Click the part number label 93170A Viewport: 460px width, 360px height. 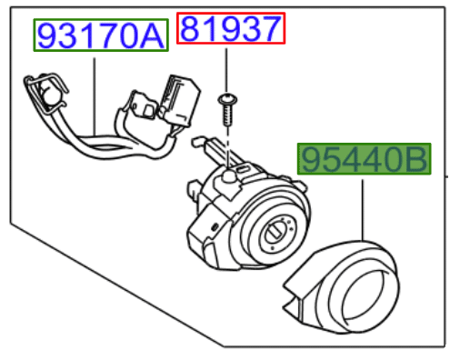coord(101,35)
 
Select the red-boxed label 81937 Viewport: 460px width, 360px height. coord(231,28)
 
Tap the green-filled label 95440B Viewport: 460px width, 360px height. coord(364,159)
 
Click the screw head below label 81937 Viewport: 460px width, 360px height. coord(227,99)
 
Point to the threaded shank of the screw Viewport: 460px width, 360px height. coord(228,115)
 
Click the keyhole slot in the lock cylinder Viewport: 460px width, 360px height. coord(275,233)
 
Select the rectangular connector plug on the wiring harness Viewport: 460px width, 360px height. coord(180,100)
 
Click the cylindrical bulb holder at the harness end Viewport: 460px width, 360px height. coord(50,93)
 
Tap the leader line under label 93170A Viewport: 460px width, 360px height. coord(95,96)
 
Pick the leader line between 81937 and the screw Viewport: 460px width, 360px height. coord(226,70)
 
